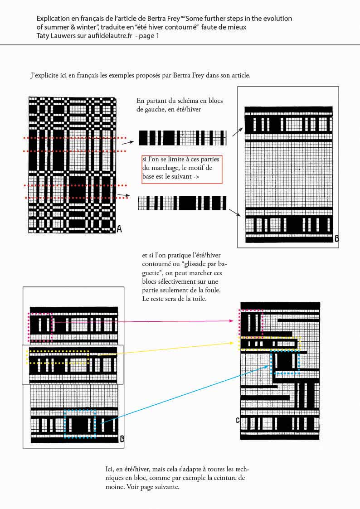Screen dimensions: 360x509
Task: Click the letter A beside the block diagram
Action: [119, 229]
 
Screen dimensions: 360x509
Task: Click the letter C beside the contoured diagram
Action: [238, 420]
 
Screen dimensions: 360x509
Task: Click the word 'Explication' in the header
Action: [53, 19]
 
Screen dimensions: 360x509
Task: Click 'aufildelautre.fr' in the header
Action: [110, 36]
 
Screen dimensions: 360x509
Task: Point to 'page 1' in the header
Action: [149, 36]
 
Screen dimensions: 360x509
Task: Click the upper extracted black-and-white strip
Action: [183, 138]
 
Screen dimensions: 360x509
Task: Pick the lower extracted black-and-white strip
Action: [182, 203]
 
